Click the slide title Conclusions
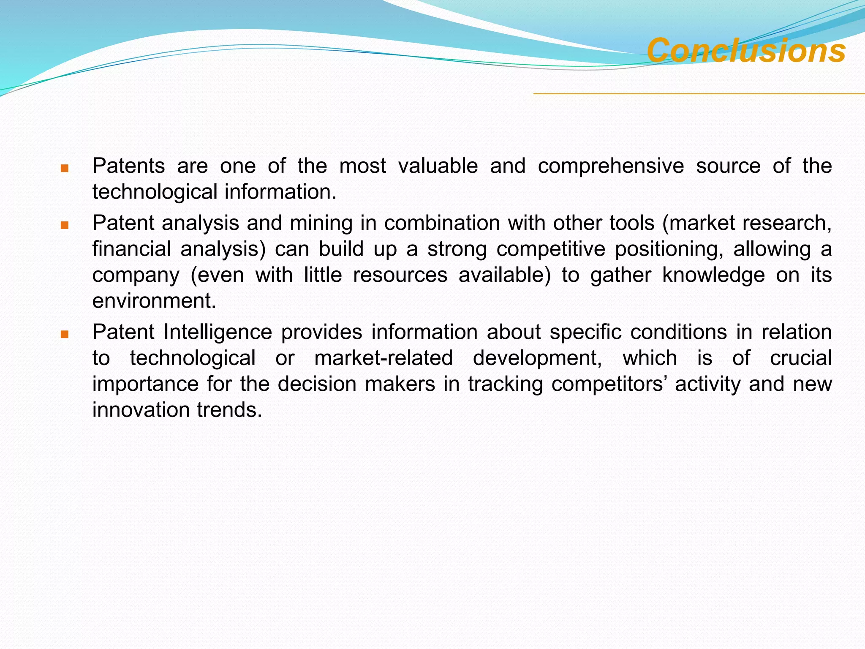click(746, 51)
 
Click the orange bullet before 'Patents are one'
click(64, 169)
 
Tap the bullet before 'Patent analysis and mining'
click(64, 226)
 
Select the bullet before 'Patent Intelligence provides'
click(64, 335)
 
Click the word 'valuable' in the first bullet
click(438, 165)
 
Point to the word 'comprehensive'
click(611, 166)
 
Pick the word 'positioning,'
click(669, 249)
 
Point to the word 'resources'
click(400, 275)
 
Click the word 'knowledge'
click(713, 275)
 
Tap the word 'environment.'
click(154, 301)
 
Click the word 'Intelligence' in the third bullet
click(218, 332)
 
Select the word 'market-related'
click(384, 358)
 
